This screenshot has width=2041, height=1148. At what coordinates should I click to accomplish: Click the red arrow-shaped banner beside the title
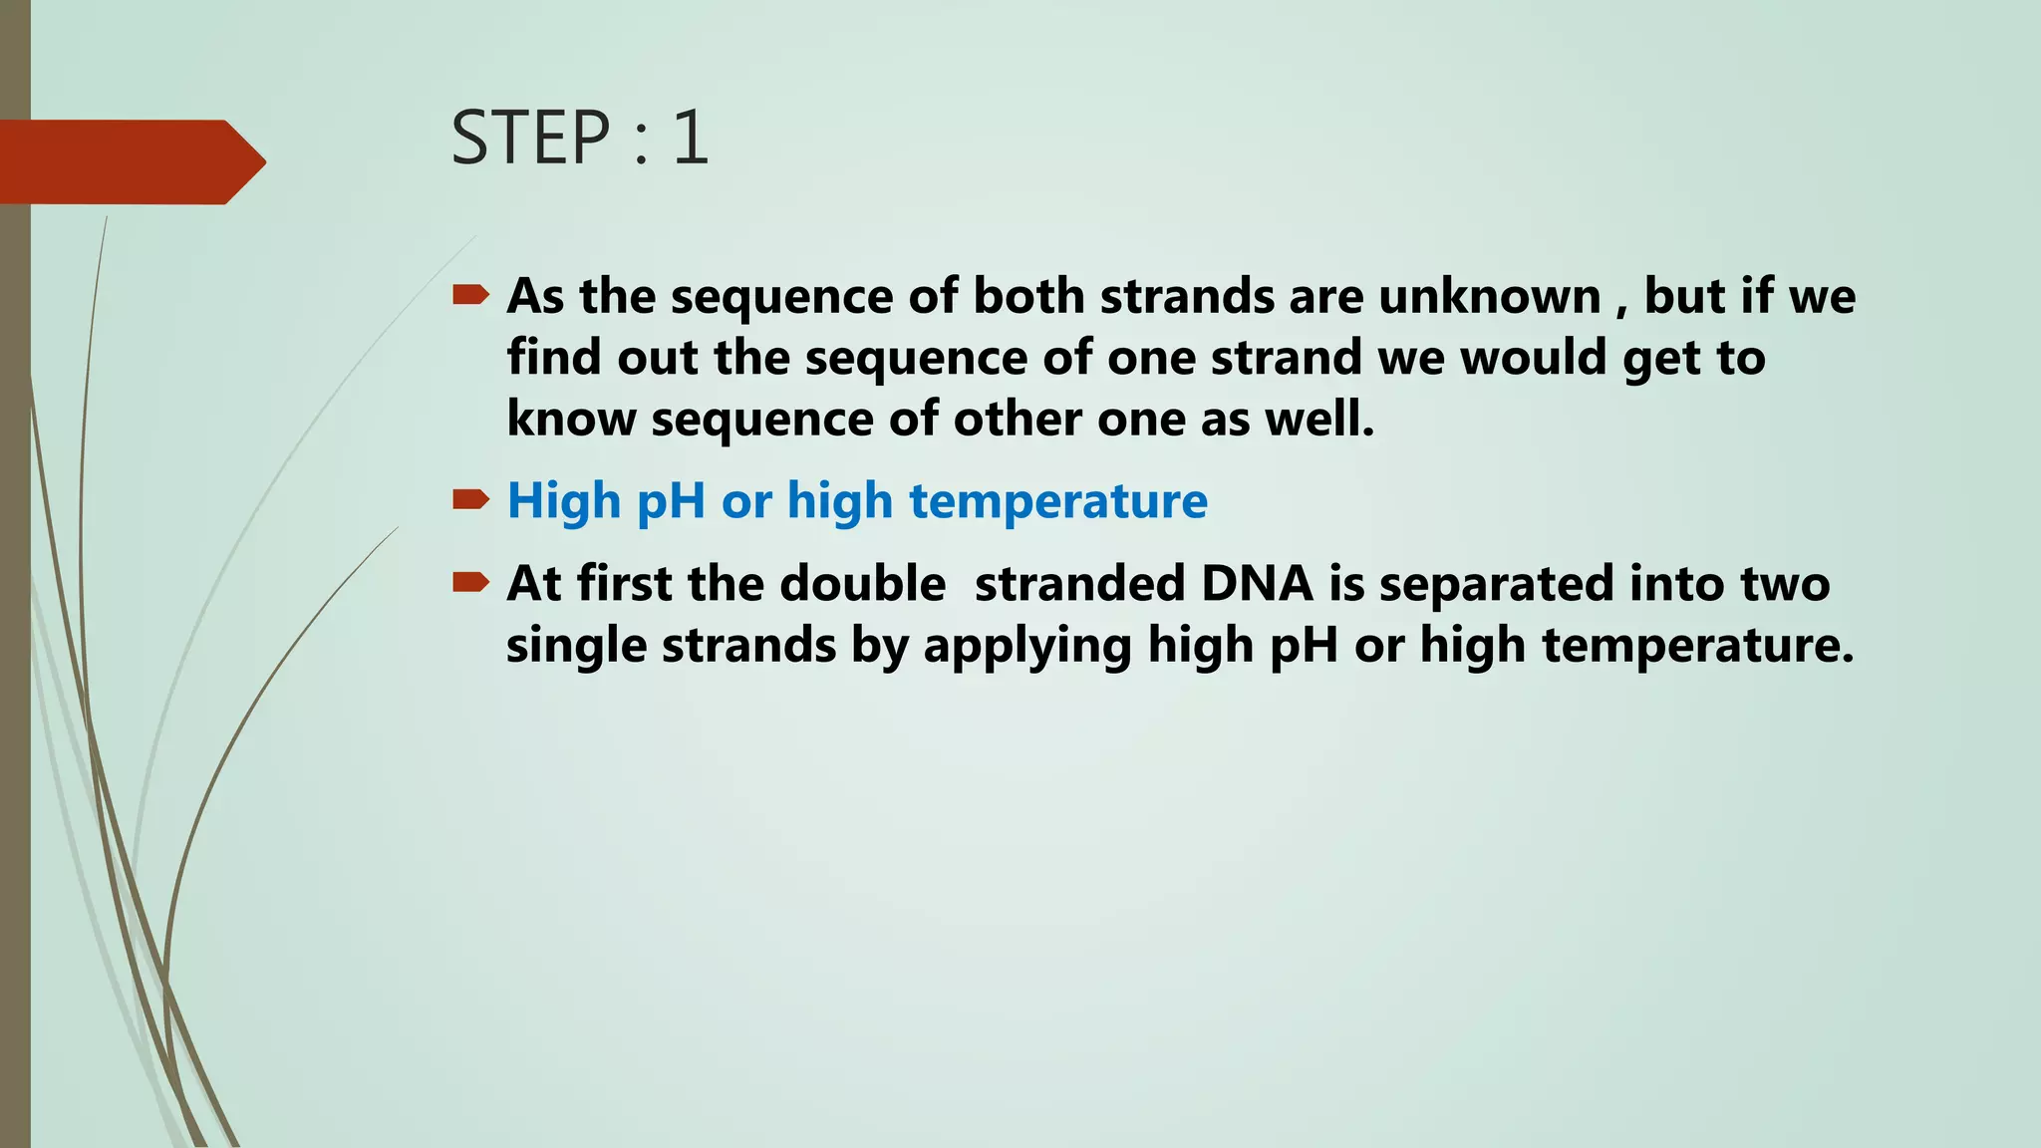tap(130, 161)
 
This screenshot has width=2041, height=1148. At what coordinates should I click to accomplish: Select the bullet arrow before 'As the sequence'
tap(470, 295)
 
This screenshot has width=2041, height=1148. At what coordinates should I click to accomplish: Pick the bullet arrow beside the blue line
tap(470, 499)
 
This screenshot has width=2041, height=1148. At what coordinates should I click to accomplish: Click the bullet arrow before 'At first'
tap(470, 582)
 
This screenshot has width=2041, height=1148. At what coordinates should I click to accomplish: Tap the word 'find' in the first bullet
tap(553, 357)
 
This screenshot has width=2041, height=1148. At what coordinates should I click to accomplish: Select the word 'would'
tap(1533, 357)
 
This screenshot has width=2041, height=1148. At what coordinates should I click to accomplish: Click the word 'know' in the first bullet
tap(571, 418)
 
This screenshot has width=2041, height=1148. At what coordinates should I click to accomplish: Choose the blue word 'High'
tap(564, 500)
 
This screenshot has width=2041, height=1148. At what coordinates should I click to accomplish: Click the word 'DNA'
tap(1258, 583)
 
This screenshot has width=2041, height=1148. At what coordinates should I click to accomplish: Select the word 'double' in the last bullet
tap(862, 583)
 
